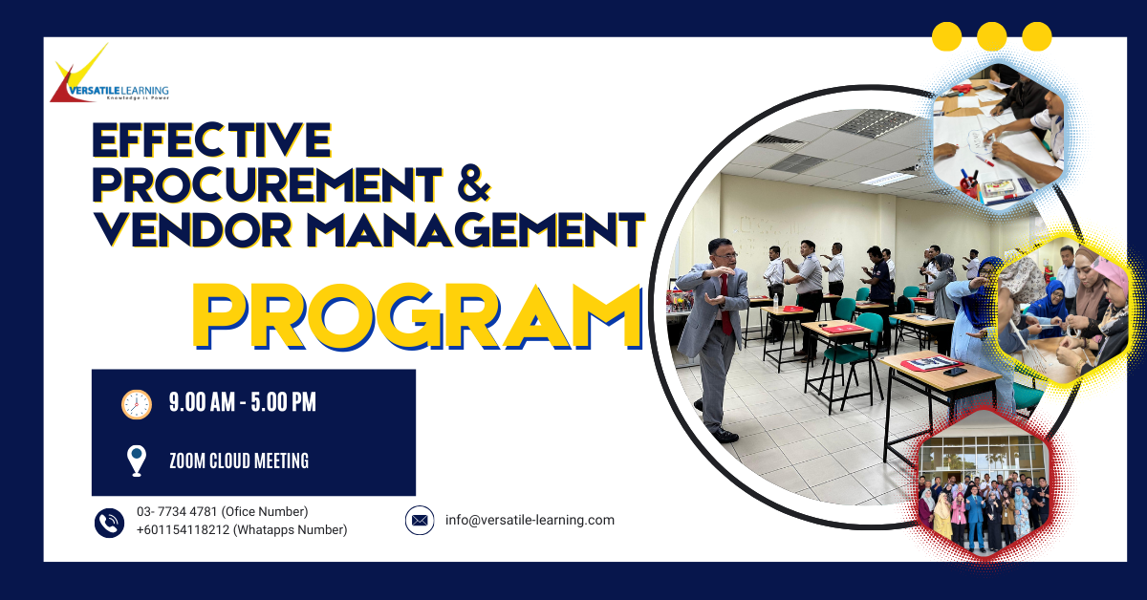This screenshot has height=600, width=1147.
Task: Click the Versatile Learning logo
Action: (x=107, y=77)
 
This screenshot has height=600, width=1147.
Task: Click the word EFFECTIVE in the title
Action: (x=211, y=140)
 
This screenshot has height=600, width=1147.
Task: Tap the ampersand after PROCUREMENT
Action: (x=472, y=183)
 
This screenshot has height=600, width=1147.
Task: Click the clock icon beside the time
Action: (x=137, y=403)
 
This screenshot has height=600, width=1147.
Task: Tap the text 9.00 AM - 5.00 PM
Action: (x=242, y=403)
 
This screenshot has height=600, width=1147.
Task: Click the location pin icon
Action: (x=137, y=461)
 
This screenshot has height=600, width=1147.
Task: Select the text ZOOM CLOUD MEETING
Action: (x=238, y=461)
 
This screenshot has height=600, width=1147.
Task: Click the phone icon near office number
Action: (x=110, y=522)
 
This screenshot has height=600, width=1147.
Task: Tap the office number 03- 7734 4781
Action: (x=177, y=512)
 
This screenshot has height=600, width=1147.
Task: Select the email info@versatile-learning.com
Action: (x=530, y=521)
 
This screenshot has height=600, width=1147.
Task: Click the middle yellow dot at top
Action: (x=991, y=36)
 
